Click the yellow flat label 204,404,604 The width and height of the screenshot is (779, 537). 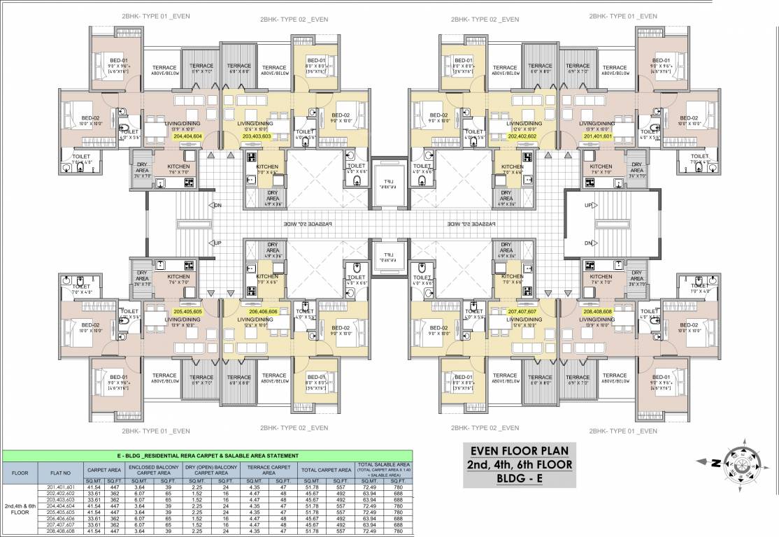[187, 137]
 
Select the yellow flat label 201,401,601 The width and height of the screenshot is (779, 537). [596, 137]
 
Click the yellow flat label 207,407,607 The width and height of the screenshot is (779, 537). [522, 312]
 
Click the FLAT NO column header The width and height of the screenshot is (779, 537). [60, 472]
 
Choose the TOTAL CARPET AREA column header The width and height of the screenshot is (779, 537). [327, 470]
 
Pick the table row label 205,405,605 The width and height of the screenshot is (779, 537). [60, 511]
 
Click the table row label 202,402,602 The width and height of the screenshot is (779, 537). [60, 494]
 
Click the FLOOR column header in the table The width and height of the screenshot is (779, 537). [20, 472]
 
